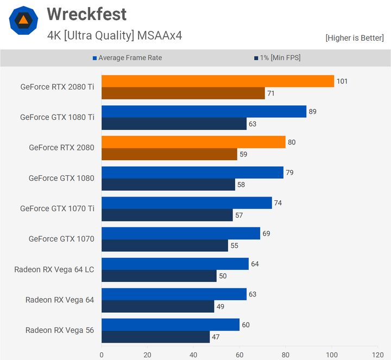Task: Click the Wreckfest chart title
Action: pyautogui.click(x=86, y=14)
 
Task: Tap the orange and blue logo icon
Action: pyautogui.click(x=23, y=21)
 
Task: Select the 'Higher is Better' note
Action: pyautogui.click(x=354, y=38)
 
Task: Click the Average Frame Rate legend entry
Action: pyautogui.click(x=130, y=58)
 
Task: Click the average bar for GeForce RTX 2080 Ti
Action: pyautogui.click(x=217, y=81)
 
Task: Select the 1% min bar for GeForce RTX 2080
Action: pyautogui.click(x=169, y=154)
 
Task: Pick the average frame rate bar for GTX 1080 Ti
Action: pyautogui.click(x=204, y=111)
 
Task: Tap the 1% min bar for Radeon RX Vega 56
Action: pyautogui.click(x=155, y=337)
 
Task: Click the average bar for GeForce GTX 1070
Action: pyautogui.click(x=180, y=233)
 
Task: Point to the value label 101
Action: pyautogui.click(x=342, y=81)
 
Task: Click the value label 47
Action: pyautogui.click(x=216, y=337)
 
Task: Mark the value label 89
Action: pyautogui.click(x=312, y=112)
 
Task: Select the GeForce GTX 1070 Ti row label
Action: pyautogui.click(x=57, y=209)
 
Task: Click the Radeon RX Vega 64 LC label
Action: pyautogui.click(x=54, y=269)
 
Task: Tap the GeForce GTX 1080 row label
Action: pyautogui.click(x=61, y=178)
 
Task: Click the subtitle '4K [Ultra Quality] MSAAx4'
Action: pyautogui.click(x=115, y=36)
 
